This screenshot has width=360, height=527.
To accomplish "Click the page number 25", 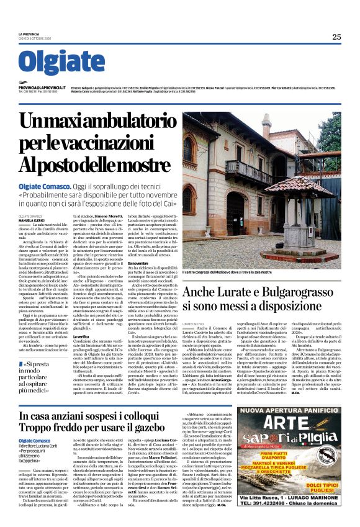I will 336,37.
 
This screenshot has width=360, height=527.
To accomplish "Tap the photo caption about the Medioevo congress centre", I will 244,272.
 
